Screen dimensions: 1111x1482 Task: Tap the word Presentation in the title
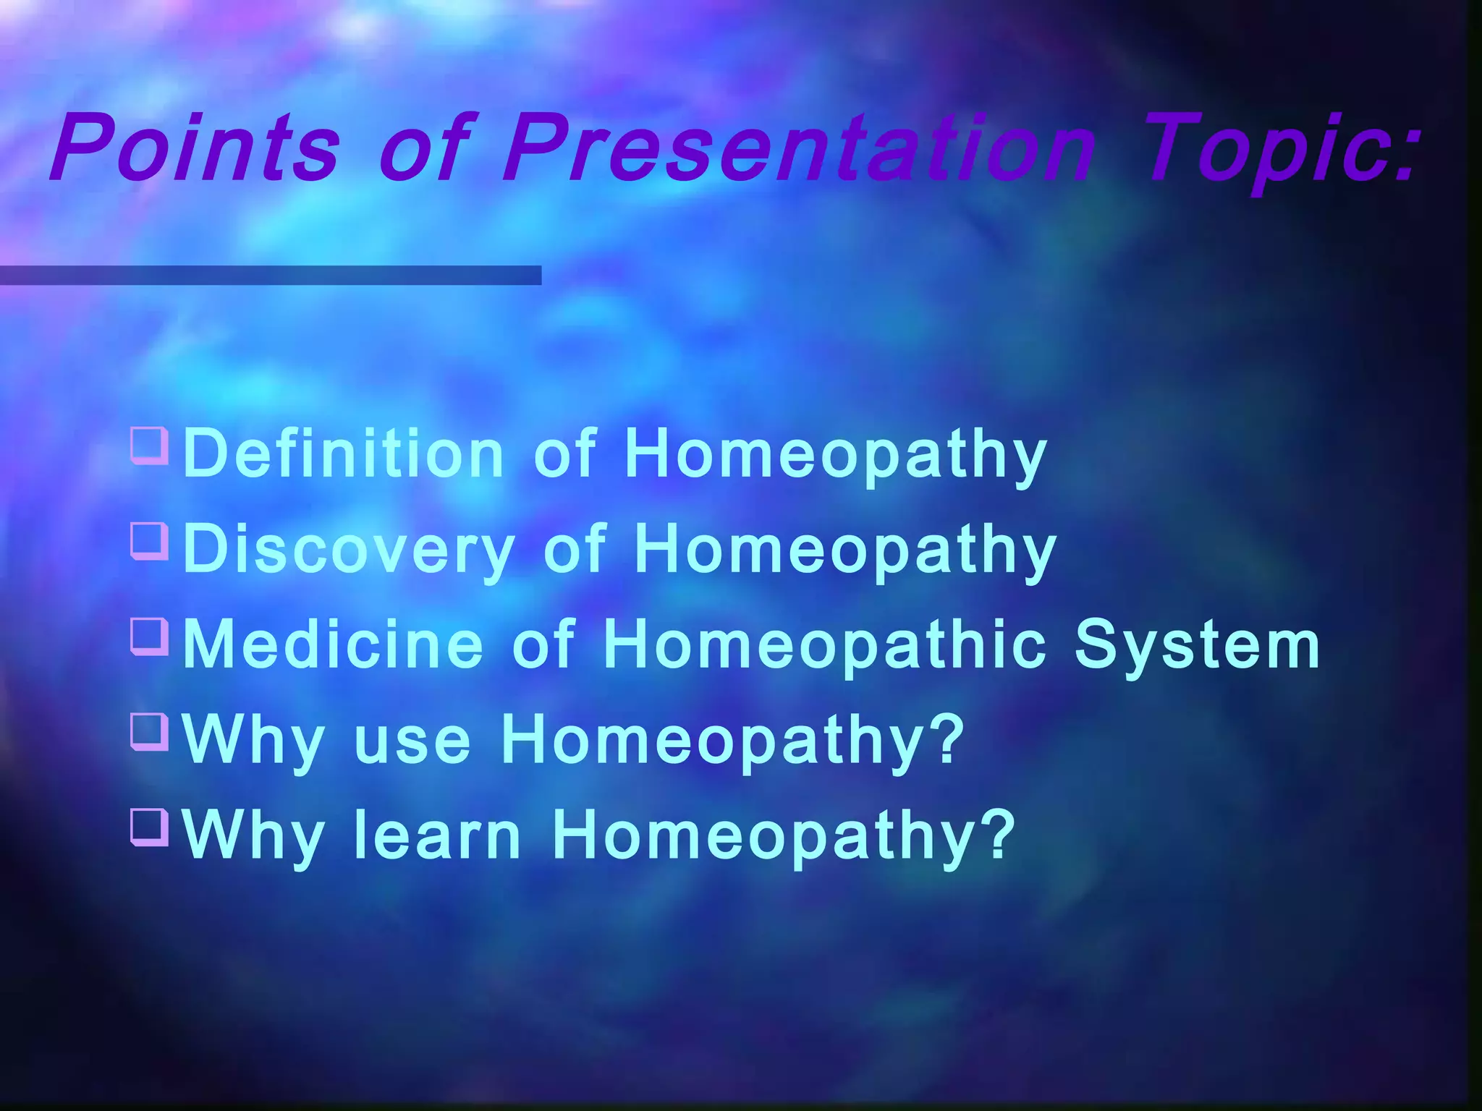pos(800,148)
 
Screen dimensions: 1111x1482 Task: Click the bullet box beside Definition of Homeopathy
pos(150,445)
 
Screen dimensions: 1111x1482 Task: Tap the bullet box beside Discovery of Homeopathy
pos(150,541)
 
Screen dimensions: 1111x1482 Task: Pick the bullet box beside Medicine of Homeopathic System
pos(150,637)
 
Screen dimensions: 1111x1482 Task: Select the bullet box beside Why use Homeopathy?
pos(150,732)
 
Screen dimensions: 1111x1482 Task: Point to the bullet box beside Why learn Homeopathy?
pos(150,827)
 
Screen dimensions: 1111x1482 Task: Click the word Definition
pos(343,454)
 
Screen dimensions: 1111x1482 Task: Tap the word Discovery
pos(349,550)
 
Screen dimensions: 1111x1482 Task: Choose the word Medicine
pos(333,645)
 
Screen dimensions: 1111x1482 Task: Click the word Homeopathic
pos(825,645)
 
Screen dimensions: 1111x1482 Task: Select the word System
pos(1198,645)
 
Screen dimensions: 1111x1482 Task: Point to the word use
pos(412,741)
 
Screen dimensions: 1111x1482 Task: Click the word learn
pos(437,836)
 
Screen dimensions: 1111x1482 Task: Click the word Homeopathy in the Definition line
pos(836,454)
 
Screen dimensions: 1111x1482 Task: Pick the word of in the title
pos(423,148)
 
